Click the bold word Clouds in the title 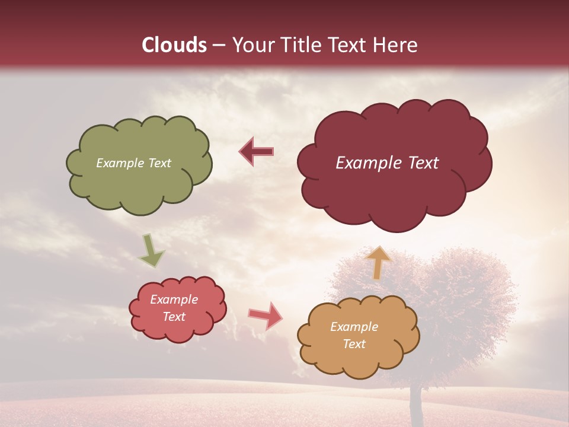point(175,45)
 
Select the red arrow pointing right point(265,315)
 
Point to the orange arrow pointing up point(378,262)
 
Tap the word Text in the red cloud point(174,317)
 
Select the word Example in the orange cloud point(354,327)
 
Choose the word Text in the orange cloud point(354,344)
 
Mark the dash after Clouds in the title point(218,45)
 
